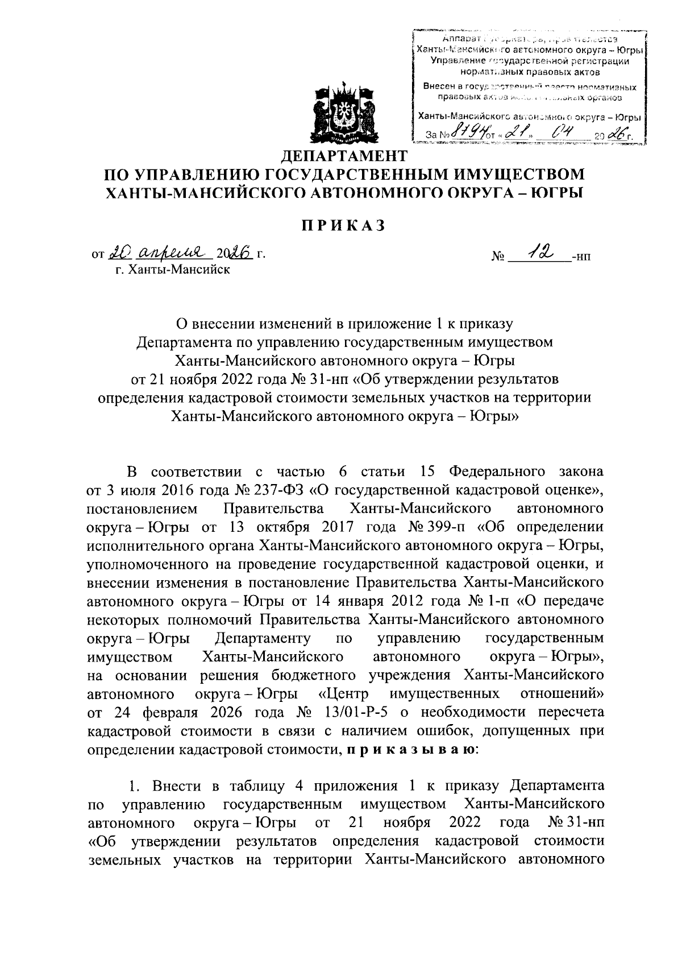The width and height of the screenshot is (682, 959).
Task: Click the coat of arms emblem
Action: coord(340,113)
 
